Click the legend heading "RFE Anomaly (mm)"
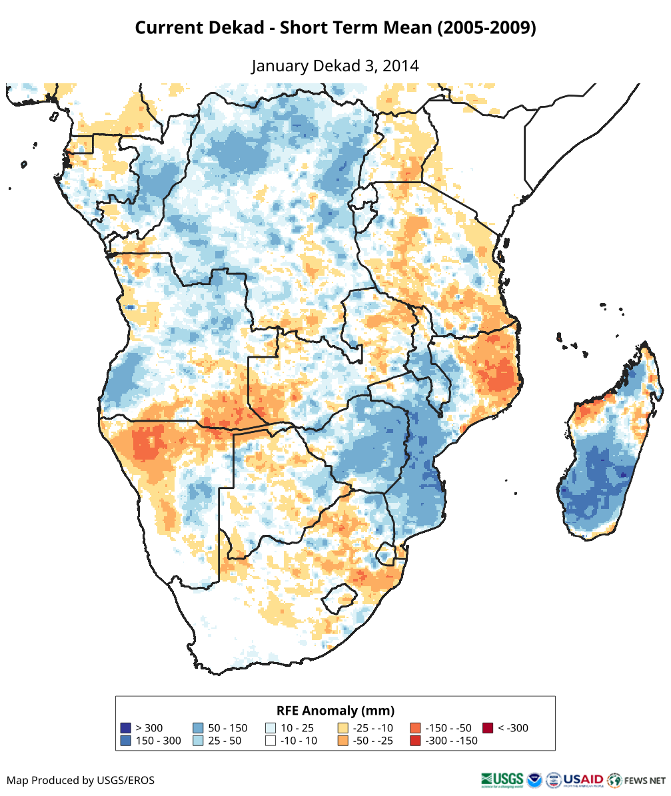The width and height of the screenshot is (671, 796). pyautogui.click(x=335, y=710)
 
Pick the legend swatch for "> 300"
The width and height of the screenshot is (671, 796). pyautogui.click(x=125, y=728)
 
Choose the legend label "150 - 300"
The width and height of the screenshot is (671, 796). pyautogui.click(x=158, y=741)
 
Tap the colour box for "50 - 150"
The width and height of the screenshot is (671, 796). pyautogui.click(x=198, y=728)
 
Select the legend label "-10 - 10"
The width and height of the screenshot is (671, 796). pyautogui.click(x=299, y=741)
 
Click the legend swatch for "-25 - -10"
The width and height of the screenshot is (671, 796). pyautogui.click(x=343, y=728)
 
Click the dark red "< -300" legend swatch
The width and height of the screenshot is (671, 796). pyautogui.click(x=488, y=728)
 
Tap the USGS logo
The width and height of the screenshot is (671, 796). pyautogui.click(x=501, y=779)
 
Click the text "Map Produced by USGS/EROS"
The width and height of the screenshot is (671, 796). pyautogui.click(x=81, y=780)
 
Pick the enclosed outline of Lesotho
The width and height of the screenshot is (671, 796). pyautogui.click(x=338, y=597)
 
